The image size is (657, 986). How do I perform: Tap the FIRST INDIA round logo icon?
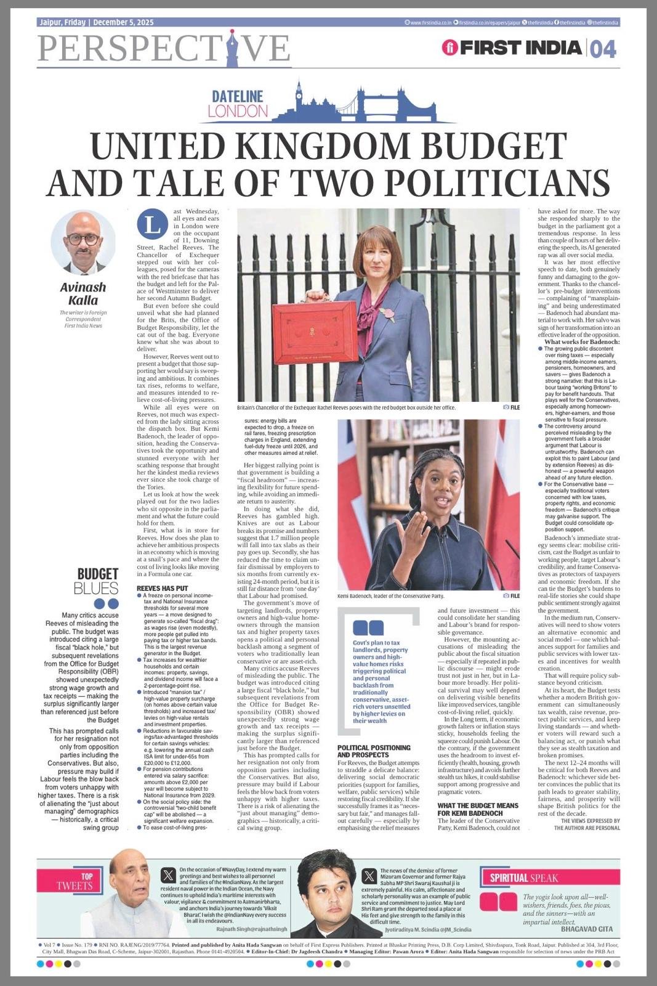(x=450, y=47)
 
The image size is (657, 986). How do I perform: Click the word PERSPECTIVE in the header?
(x=164, y=48)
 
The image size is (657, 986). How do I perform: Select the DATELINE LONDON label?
(x=238, y=104)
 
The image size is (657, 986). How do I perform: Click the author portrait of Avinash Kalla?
(x=83, y=242)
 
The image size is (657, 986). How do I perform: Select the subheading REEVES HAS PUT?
(x=162, y=589)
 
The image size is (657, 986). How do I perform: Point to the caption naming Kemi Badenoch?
(x=390, y=596)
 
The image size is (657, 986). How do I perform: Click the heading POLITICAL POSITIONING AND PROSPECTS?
(x=374, y=751)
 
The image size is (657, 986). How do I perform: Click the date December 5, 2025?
(x=123, y=23)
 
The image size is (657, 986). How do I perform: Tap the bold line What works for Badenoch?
(x=582, y=341)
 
